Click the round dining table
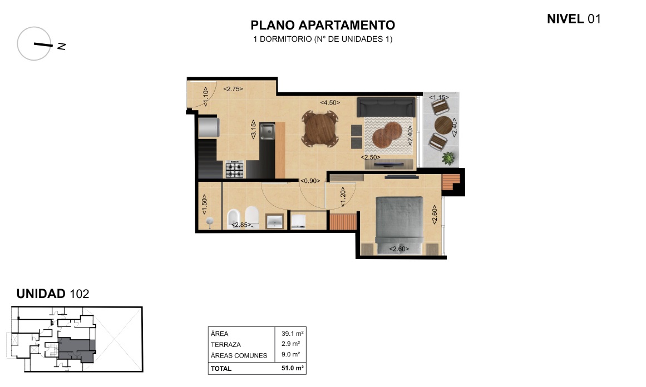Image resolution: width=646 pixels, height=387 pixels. (x=320, y=129)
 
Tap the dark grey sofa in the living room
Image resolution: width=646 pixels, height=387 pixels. (x=386, y=107)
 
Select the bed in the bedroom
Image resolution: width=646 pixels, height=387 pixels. (x=399, y=225)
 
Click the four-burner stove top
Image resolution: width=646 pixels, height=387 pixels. (x=234, y=170)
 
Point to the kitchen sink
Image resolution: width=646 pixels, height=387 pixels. (x=267, y=131)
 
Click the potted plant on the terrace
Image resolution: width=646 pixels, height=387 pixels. (x=448, y=158)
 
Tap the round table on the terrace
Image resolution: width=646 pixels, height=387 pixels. (x=443, y=125)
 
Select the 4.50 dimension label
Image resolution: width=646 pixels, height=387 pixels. (x=330, y=102)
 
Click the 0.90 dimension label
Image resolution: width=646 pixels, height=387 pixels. (x=310, y=181)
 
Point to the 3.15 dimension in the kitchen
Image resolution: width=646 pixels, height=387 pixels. (x=253, y=129)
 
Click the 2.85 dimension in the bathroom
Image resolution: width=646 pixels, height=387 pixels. (x=241, y=225)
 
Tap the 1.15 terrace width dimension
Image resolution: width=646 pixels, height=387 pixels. (x=439, y=97)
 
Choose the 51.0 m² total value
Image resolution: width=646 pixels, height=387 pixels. (x=293, y=368)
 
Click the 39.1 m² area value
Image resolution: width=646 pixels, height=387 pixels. (x=293, y=334)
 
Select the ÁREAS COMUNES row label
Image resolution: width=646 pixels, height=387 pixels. (x=239, y=355)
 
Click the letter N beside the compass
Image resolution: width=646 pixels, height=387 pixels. (x=62, y=46)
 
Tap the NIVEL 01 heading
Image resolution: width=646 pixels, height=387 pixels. (x=574, y=19)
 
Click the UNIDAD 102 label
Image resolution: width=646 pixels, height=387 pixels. (x=53, y=294)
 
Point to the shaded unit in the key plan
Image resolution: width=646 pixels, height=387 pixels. (x=77, y=349)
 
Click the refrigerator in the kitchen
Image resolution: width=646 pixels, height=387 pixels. (x=209, y=128)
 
